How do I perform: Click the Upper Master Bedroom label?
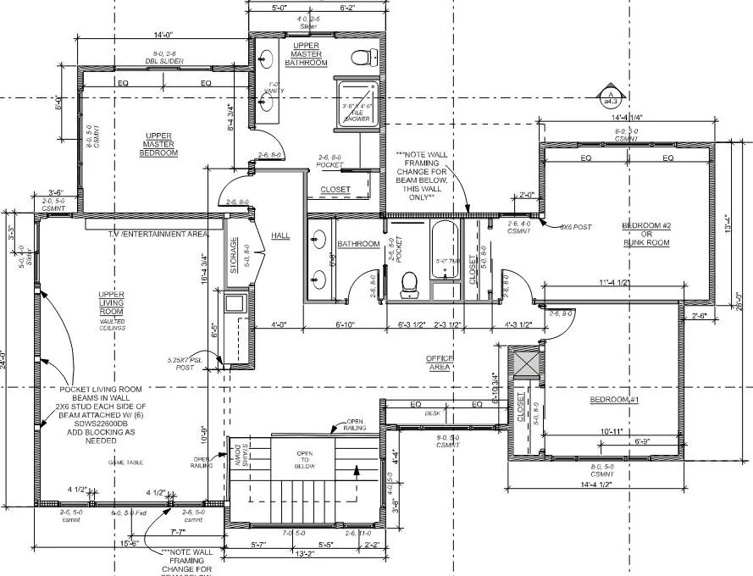[160, 143]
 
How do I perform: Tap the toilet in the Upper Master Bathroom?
[366, 58]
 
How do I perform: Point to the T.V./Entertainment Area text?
[158, 233]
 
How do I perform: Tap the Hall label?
[281, 235]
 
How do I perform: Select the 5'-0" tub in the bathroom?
[446, 260]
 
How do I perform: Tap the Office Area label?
[440, 363]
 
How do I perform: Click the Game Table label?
[125, 462]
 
